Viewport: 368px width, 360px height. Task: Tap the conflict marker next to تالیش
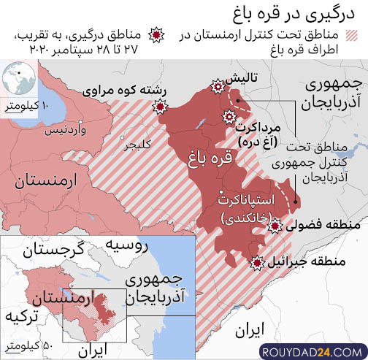point(216,87)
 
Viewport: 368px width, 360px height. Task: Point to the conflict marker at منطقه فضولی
point(275,227)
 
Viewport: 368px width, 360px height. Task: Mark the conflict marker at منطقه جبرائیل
point(257,262)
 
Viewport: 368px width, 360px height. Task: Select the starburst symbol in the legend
point(155,34)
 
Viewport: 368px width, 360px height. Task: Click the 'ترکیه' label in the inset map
point(20,318)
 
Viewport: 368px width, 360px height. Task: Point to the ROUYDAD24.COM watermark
point(312,352)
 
